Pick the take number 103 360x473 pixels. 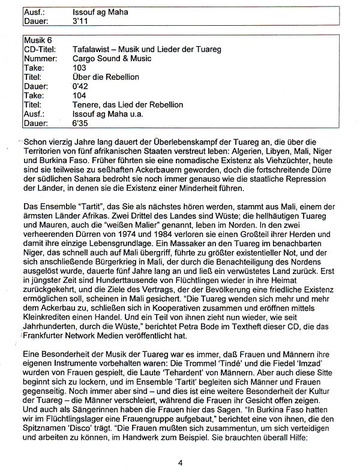[x=79, y=68]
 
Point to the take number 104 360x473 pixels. [x=79, y=95]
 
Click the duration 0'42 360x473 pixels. [x=79, y=86]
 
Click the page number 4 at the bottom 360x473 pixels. [x=180, y=462]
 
